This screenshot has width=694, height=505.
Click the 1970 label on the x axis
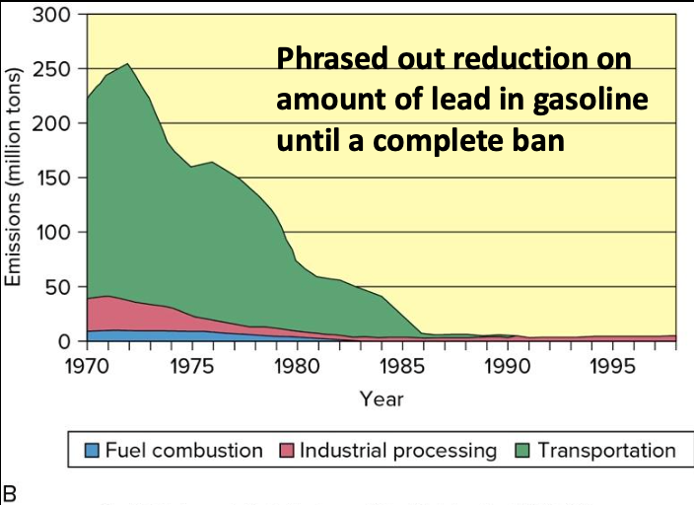click(x=87, y=366)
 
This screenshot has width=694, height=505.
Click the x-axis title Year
click(x=381, y=399)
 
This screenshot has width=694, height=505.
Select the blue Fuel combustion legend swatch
click(x=92, y=452)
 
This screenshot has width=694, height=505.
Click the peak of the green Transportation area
click(x=127, y=65)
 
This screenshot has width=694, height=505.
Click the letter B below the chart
click(x=11, y=490)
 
